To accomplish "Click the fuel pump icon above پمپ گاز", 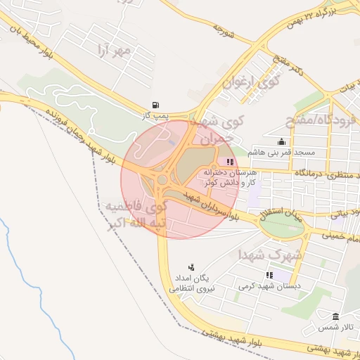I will pos(155,103).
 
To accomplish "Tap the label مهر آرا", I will pos(116,52).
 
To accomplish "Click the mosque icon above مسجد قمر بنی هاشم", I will pos(282,141).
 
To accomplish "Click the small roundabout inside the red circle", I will pos(162,181).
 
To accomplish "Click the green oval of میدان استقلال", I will pos(281,224).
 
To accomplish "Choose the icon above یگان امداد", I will pos(191,266).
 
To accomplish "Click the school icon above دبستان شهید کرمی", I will pos(269,275).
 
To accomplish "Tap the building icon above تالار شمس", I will pos(335,316).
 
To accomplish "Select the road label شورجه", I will pos(223,30).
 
